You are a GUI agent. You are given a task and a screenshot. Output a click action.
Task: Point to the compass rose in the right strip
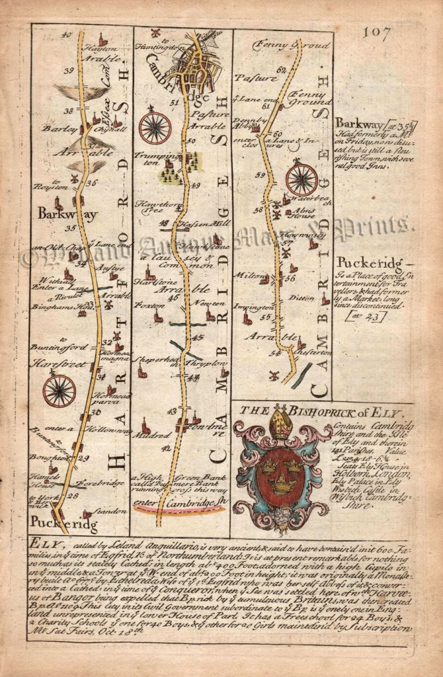tap(302, 180)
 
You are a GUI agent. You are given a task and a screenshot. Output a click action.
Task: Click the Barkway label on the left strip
tap(59, 214)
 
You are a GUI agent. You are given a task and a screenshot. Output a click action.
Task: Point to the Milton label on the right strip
tap(254, 279)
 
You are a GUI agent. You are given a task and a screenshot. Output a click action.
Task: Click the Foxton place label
tap(147, 305)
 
